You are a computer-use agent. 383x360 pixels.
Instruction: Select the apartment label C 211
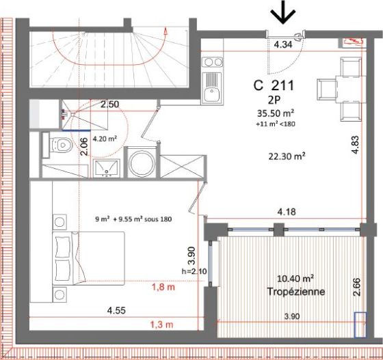(274, 86)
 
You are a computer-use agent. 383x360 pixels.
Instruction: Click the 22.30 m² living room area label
(285, 156)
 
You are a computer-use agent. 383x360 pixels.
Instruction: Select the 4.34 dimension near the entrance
(282, 44)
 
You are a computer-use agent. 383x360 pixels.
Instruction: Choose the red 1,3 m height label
(161, 324)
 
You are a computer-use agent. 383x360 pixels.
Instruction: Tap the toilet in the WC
(60, 145)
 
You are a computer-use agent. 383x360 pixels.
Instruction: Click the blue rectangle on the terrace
(361, 324)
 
